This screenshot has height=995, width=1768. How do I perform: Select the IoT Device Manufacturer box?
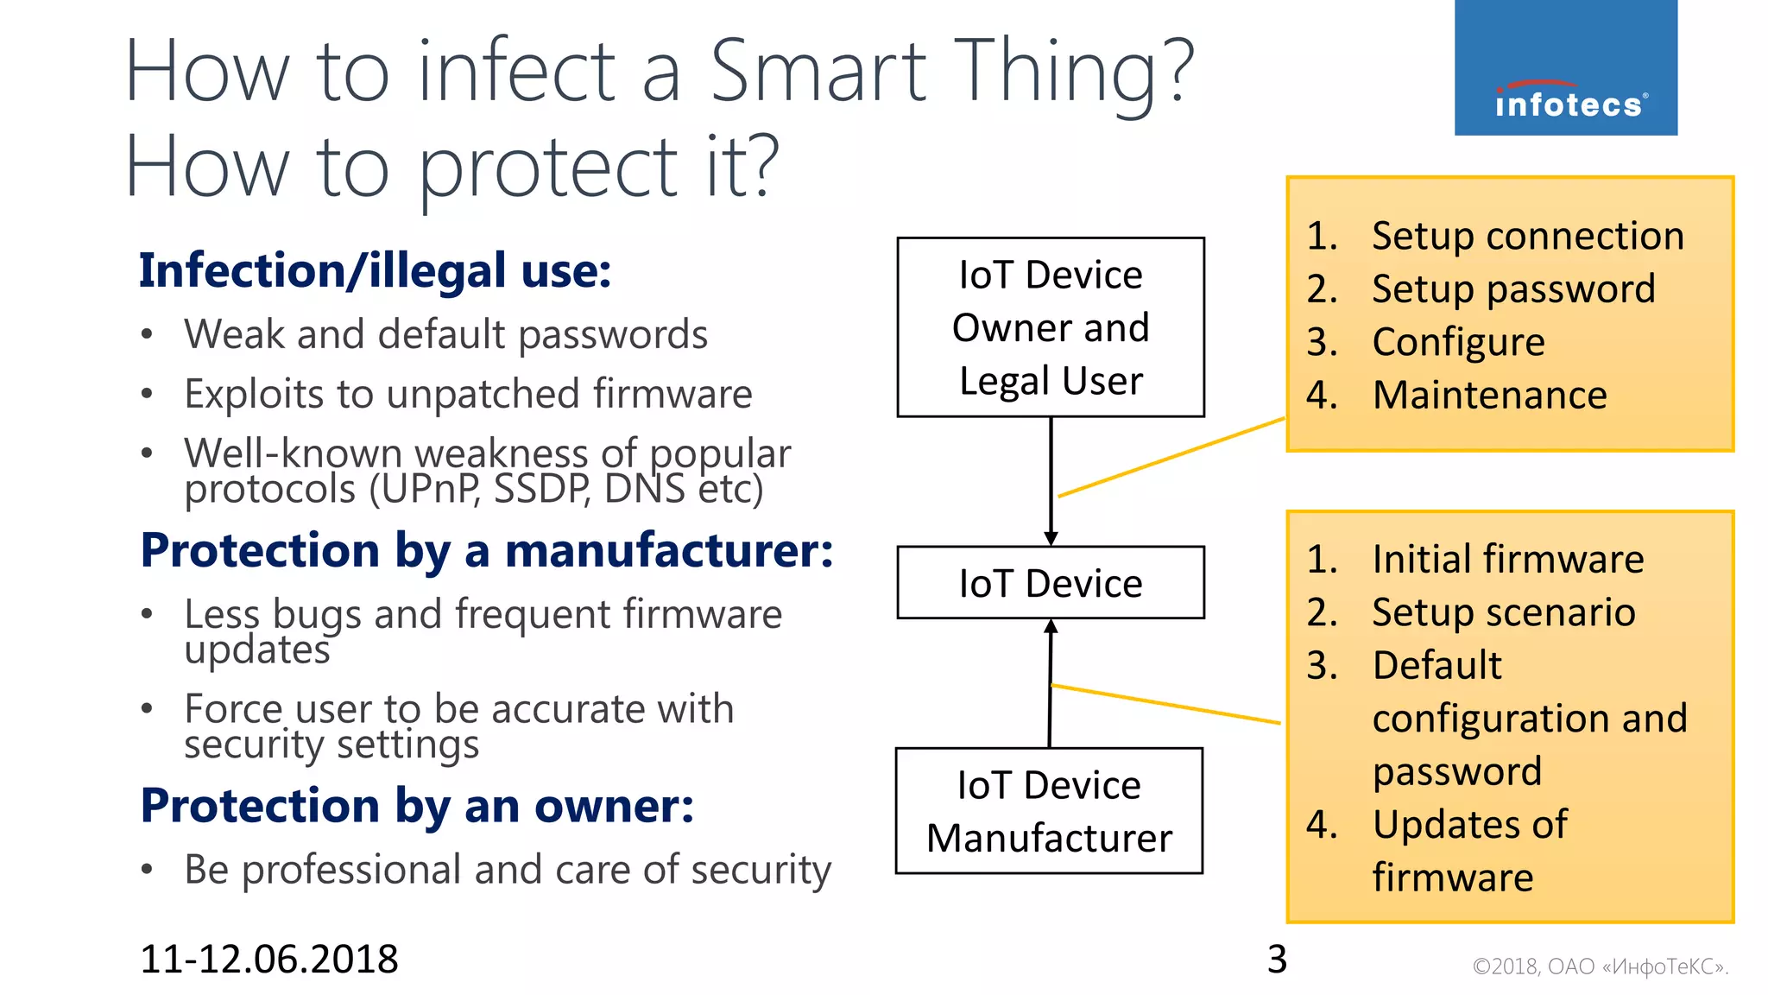(1049, 811)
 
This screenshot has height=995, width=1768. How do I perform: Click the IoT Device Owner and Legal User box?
(1051, 327)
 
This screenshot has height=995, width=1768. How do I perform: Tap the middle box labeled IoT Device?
(1051, 583)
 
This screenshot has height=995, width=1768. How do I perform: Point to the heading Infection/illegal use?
(376, 271)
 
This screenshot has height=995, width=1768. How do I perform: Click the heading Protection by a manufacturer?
(487, 551)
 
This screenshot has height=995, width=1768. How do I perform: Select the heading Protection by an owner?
(417, 806)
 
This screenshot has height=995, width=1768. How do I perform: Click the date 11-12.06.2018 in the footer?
(269, 960)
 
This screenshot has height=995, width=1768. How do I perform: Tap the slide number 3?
(1277, 960)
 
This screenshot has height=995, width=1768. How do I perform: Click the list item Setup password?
(1512, 289)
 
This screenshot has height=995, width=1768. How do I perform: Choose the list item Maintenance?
(1489, 396)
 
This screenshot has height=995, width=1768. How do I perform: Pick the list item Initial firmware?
(1507, 560)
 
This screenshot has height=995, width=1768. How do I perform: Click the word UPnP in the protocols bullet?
(426, 490)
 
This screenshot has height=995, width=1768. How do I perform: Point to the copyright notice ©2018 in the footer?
(1600, 966)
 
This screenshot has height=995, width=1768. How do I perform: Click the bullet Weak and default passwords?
(445, 335)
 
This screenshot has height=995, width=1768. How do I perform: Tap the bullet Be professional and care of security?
(508, 870)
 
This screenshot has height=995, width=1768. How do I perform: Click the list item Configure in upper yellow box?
(1458, 342)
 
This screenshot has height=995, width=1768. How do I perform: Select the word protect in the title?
(548, 168)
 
